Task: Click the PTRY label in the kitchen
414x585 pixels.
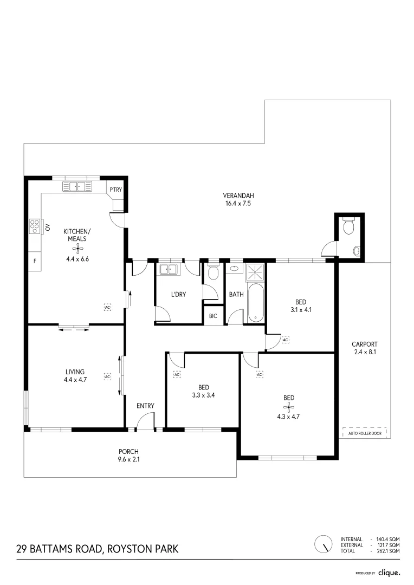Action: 115,190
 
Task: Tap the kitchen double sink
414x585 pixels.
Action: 78,187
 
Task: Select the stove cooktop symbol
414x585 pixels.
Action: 35,225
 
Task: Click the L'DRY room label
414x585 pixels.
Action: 178,295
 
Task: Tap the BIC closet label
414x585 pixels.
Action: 213,316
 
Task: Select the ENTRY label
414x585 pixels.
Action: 145,406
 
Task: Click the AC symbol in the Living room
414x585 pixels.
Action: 107,375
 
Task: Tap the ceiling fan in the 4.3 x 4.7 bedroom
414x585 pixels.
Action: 289,407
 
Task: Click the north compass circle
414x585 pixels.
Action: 324,543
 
